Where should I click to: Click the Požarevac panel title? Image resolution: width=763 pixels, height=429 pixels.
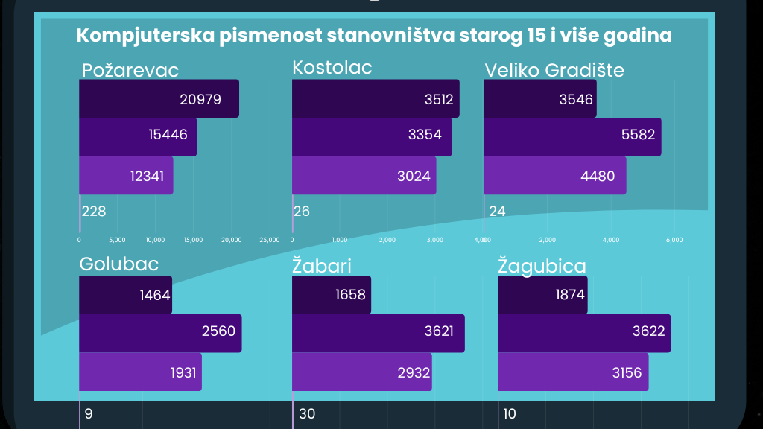tap(130, 71)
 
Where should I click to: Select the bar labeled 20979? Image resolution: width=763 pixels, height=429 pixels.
tap(159, 98)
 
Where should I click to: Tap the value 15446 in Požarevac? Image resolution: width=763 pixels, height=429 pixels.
tap(168, 135)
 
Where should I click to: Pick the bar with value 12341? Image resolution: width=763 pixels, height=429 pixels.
tap(126, 175)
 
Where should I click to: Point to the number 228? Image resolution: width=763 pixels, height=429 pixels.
tap(94, 211)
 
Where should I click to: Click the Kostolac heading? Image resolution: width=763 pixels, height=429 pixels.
tap(332, 68)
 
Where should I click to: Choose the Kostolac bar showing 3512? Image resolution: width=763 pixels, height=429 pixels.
tap(375, 98)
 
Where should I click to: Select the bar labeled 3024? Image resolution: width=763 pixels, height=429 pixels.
tap(364, 175)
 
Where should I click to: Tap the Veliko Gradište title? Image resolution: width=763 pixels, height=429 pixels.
tap(554, 70)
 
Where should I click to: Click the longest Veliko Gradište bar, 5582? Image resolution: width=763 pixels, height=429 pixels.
tap(572, 136)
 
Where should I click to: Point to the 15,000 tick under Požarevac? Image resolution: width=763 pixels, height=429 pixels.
tap(193, 240)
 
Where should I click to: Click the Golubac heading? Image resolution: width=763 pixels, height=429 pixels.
tap(118, 265)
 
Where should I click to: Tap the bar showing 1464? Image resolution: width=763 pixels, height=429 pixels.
tap(125, 294)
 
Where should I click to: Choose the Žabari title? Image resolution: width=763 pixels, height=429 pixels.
tap(322, 267)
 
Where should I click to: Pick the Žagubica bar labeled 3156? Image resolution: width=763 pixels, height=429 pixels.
tap(573, 372)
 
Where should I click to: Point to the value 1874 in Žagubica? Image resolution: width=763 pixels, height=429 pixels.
tap(570, 294)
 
